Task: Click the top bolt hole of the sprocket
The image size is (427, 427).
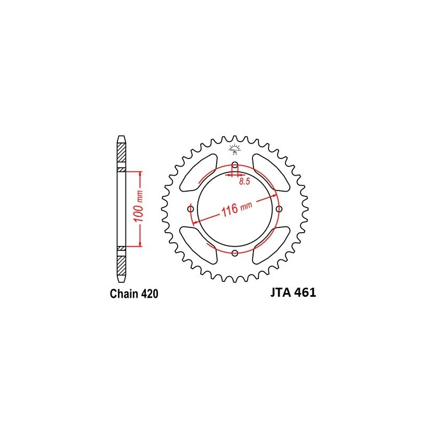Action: click(x=235, y=164)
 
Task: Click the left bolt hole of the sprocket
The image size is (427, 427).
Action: click(x=191, y=209)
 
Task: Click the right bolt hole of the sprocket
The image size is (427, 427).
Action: click(x=279, y=209)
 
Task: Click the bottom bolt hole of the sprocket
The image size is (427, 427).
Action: click(x=235, y=253)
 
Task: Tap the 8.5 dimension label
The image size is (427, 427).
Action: click(x=244, y=181)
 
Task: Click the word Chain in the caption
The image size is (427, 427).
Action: click(x=124, y=294)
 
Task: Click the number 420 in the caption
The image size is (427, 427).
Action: click(x=150, y=294)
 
